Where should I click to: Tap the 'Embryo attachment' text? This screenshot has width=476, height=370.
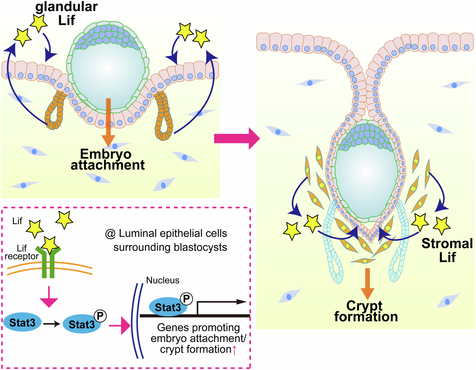click(x=107, y=159)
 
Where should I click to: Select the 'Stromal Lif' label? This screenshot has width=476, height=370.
click(x=447, y=250)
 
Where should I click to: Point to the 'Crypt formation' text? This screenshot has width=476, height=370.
click(x=366, y=311)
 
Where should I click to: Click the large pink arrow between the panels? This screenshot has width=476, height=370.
click(x=236, y=138)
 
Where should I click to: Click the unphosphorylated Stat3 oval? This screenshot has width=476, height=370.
click(x=22, y=323)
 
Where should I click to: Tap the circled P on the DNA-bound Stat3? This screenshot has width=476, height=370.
click(x=187, y=299)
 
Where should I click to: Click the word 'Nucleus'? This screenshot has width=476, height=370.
click(x=163, y=280)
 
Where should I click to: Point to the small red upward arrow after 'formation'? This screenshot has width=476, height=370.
click(x=234, y=350)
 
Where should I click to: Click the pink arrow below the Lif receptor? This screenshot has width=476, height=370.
click(x=49, y=297)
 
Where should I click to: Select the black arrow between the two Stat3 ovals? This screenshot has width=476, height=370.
click(x=52, y=324)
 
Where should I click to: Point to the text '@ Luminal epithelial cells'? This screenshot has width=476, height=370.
click(x=166, y=233)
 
